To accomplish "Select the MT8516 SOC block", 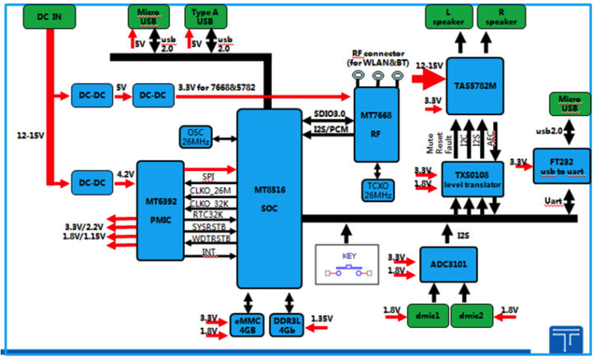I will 270,197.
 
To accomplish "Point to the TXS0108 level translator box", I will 472,178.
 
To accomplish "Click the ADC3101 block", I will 451,264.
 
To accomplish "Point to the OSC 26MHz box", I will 198,136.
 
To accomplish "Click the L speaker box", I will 447,16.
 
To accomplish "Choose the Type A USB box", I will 205,16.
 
